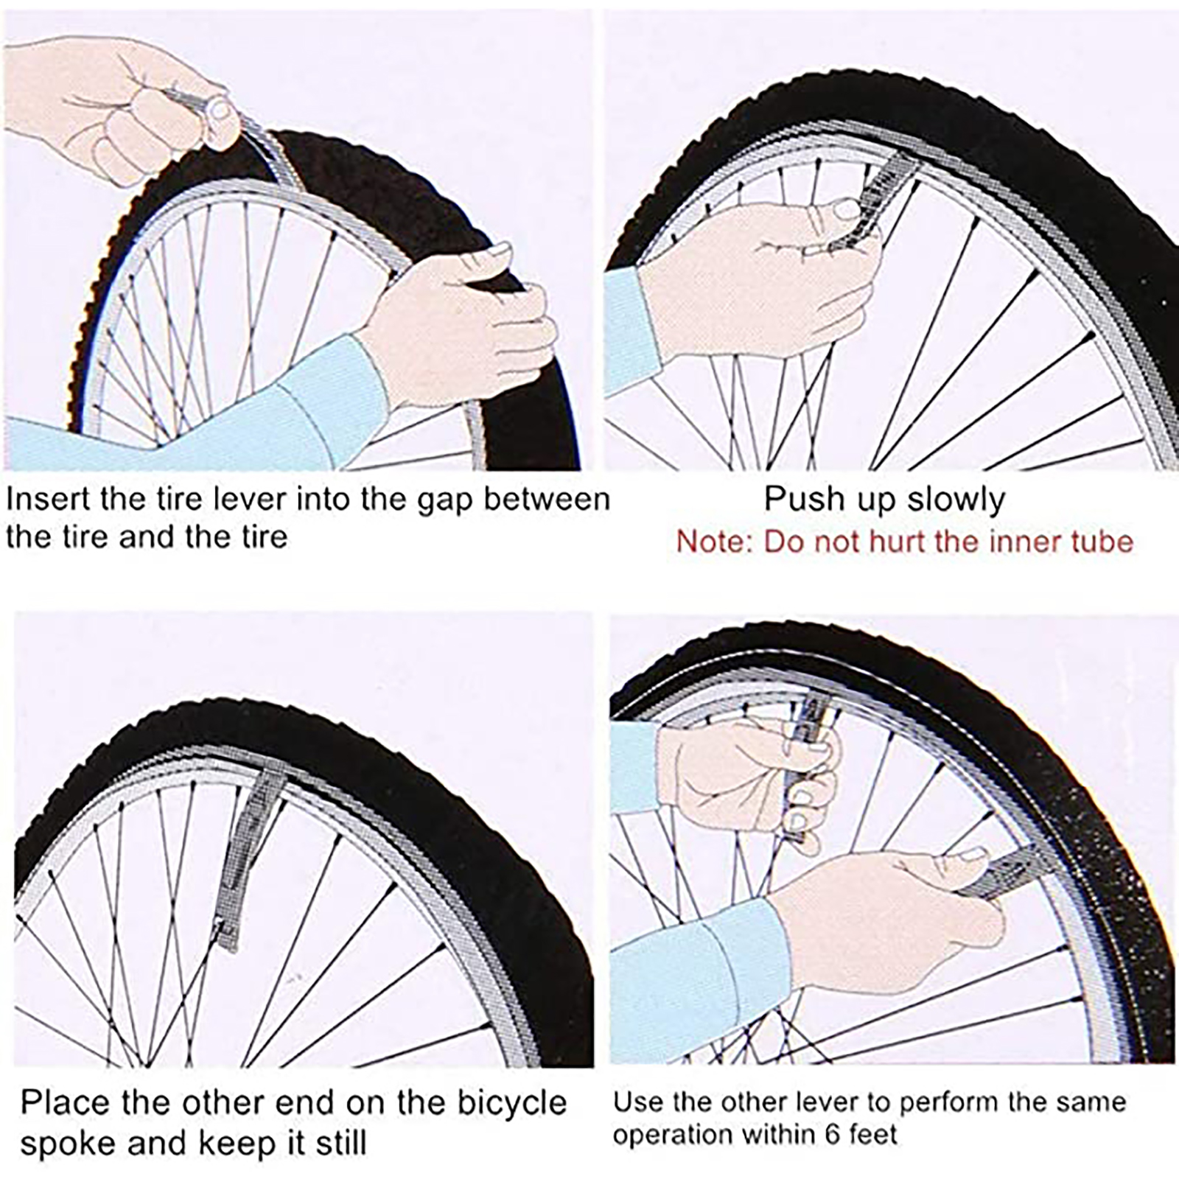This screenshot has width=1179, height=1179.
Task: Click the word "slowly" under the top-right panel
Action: click(x=956, y=500)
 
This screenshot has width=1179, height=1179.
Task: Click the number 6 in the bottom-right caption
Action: click(x=832, y=1133)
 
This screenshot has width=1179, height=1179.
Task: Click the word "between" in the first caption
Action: click(x=547, y=499)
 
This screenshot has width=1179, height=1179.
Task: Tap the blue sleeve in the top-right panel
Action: click(x=630, y=332)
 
